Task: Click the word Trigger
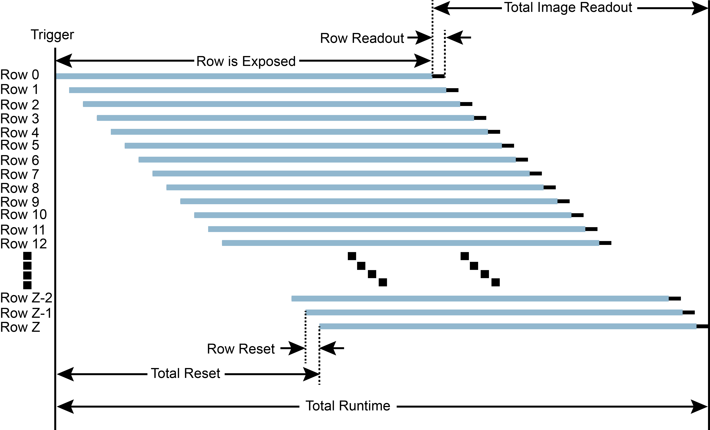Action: point(52,35)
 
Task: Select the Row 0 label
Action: point(20,75)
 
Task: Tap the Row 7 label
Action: point(20,174)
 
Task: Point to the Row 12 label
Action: point(23,244)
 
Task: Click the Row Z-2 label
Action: point(26,298)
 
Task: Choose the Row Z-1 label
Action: point(26,313)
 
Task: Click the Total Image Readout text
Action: point(568,7)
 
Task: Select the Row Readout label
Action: point(362,38)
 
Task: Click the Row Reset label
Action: point(241,349)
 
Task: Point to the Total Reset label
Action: point(186,373)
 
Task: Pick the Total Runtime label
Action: point(348,406)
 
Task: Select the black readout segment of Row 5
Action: point(508,146)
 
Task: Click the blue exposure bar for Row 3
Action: point(285,118)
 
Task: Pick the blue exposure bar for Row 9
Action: point(369,201)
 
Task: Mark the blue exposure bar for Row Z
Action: point(508,326)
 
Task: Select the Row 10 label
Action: point(23,215)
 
